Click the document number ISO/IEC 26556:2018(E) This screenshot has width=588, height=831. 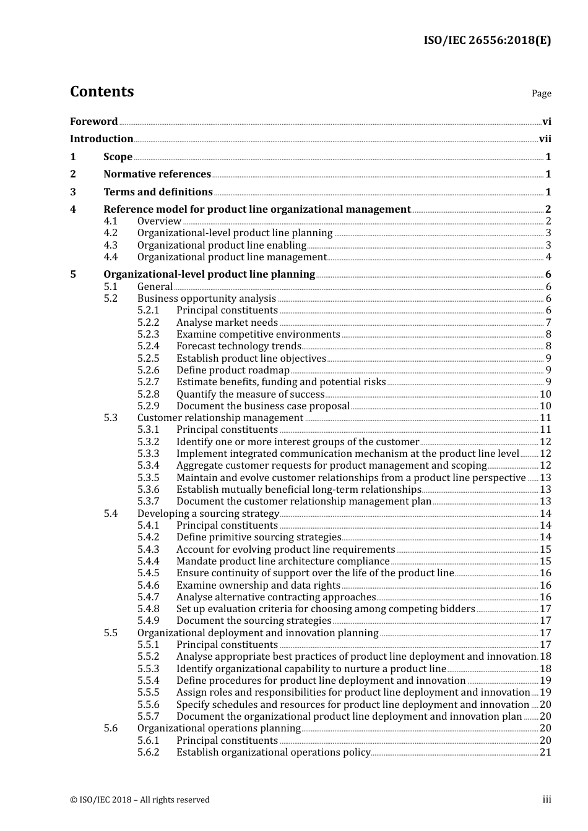coord(487,41)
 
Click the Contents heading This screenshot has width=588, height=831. coord(102,92)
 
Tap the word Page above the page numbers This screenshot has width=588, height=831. coord(541,93)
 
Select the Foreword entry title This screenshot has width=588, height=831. coord(93,121)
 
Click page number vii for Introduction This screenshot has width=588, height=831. coord(545,139)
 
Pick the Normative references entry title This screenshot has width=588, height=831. coord(157,174)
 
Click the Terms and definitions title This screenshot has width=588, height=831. coord(158,192)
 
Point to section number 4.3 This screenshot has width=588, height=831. coord(111,245)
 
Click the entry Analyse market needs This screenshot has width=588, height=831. coord(227,323)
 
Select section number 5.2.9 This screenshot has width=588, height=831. coord(149,406)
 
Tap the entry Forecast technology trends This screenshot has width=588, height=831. coord(238,346)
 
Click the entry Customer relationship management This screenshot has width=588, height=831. coord(220,418)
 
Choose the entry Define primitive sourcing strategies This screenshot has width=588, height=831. coord(259,537)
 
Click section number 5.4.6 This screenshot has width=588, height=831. coord(149,585)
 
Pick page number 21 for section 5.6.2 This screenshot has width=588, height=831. coord(545,752)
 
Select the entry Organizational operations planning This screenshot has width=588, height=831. coord(218,728)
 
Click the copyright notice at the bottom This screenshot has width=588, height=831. coord(140,799)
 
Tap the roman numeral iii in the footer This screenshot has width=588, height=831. coord(547,799)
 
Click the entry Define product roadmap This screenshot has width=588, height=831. coord(233,370)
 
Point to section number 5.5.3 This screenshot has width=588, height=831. coord(149,669)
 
